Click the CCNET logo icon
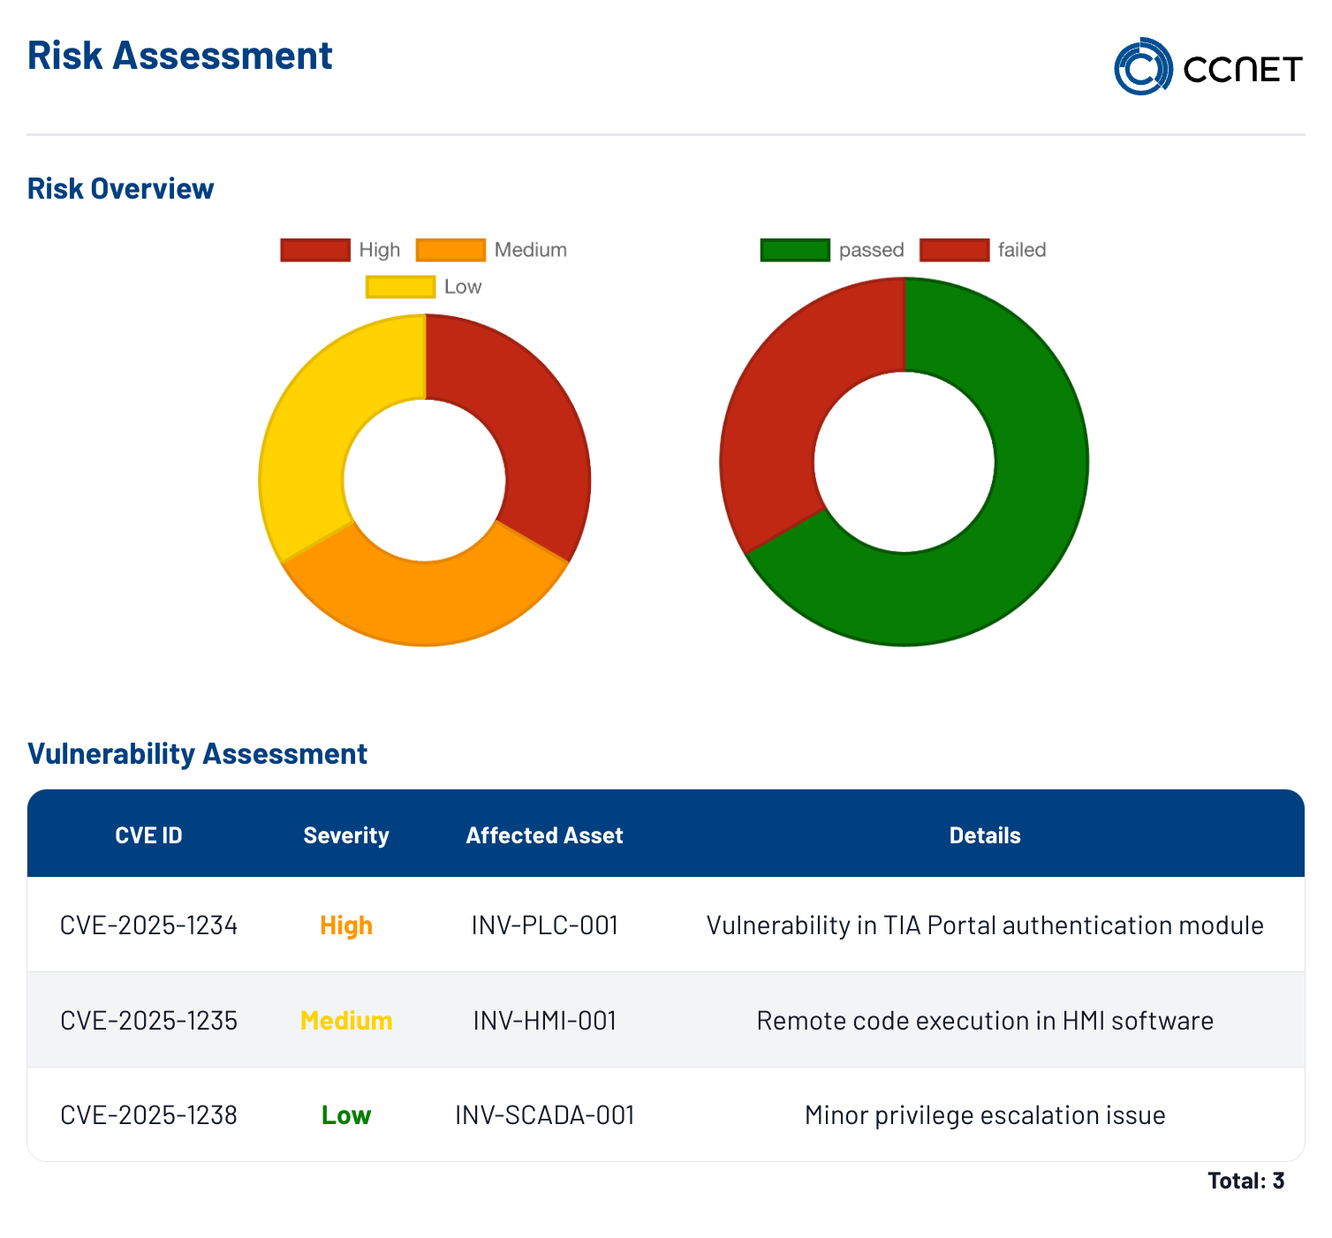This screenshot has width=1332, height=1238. point(1142,66)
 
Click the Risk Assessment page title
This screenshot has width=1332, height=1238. point(179,55)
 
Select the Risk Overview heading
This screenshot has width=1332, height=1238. point(121,188)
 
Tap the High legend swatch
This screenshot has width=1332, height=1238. point(315,250)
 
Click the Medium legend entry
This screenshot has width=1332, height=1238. point(491,250)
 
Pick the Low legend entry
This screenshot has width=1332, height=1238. point(424,286)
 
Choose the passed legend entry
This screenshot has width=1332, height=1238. point(832,250)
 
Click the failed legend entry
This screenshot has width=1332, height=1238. point(982,250)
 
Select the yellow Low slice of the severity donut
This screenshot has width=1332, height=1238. point(305,436)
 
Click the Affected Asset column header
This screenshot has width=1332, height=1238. point(544,835)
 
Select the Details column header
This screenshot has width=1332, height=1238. point(984,835)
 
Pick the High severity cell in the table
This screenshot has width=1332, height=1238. point(346,925)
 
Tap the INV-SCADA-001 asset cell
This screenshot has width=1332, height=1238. point(544,1114)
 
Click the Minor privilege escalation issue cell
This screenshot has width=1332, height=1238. point(984,1114)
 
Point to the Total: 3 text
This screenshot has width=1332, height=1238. point(1245,1180)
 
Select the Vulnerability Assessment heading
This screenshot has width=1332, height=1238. point(197,753)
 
